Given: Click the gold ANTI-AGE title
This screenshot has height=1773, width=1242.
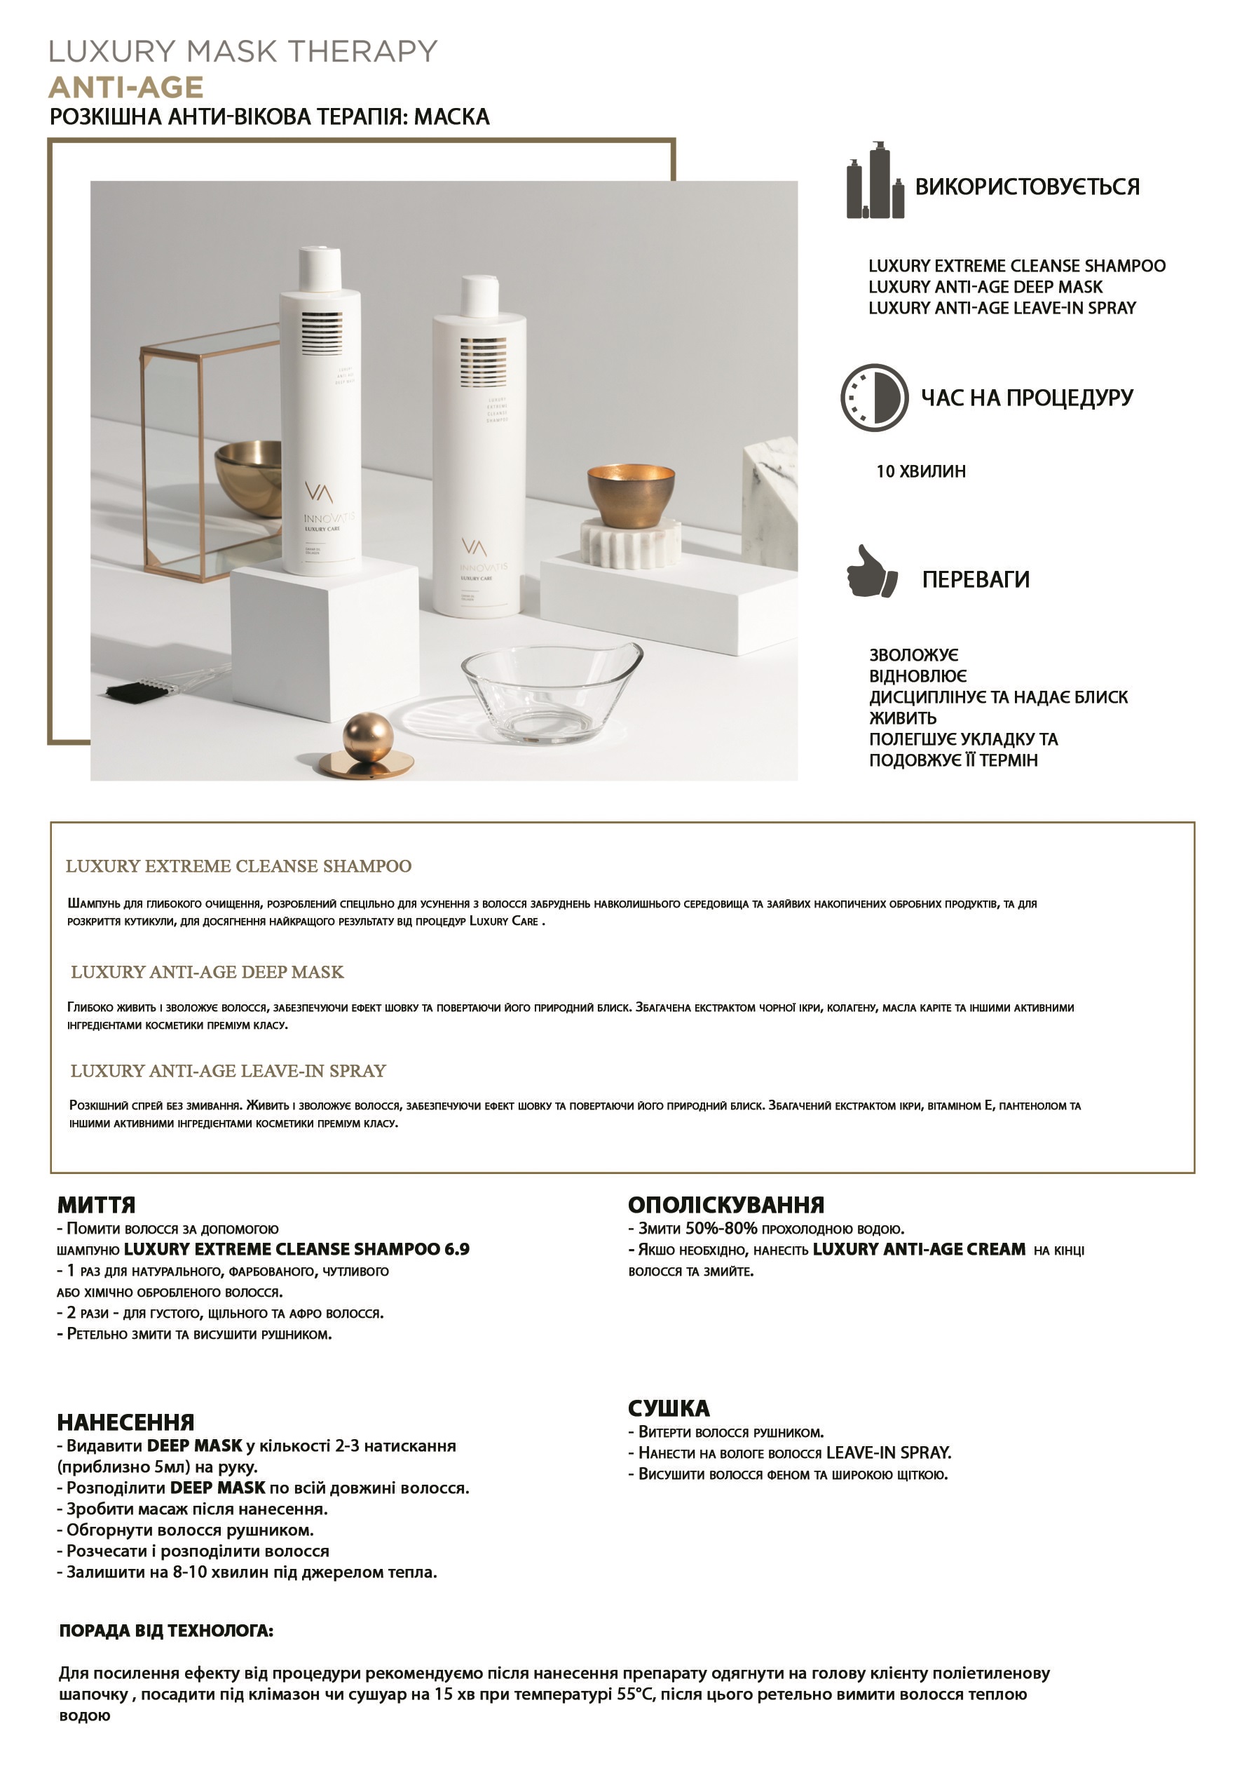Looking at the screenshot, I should pyautogui.click(x=126, y=87).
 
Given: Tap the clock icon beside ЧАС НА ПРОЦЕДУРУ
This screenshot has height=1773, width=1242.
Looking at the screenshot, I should pyautogui.click(x=874, y=398).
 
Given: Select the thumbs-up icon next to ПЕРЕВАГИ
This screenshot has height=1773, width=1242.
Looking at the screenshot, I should pyautogui.click(x=871, y=572).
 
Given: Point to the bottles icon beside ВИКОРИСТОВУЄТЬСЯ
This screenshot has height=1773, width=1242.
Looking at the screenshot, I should pyautogui.click(x=875, y=182).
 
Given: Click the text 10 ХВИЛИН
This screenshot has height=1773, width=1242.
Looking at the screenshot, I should pyautogui.click(x=920, y=471).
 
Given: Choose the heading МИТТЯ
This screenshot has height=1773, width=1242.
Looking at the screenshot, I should pyautogui.click(x=97, y=1205).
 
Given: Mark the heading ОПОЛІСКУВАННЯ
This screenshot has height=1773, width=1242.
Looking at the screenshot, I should pyautogui.click(x=725, y=1205).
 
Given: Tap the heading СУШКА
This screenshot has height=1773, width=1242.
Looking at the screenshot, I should pyautogui.click(x=669, y=1408).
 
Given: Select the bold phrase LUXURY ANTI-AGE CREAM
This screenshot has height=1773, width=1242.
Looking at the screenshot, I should pyautogui.click(x=919, y=1249).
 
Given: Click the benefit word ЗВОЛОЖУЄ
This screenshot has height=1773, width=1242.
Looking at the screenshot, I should pyautogui.click(x=913, y=655).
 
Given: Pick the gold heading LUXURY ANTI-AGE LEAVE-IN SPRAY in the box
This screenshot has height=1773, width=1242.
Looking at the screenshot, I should pyautogui.click(x=228, y=1070).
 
